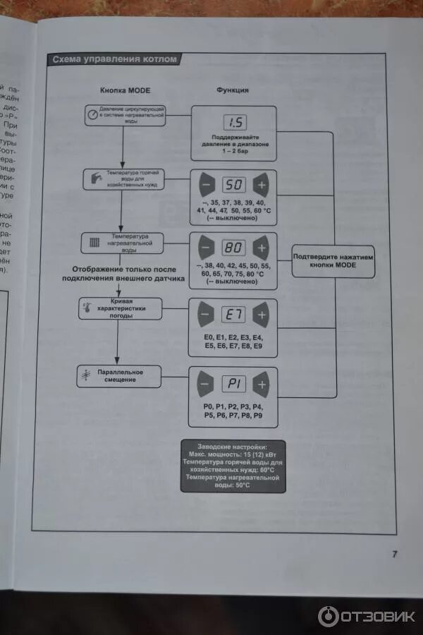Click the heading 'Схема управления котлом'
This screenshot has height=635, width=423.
tap(115, 60)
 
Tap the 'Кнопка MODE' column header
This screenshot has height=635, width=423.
tap(125, 90)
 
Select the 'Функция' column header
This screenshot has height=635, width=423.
tap(232, 90)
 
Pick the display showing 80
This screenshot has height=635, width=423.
tap(233, 248)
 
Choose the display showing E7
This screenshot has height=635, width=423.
tap(233, 314)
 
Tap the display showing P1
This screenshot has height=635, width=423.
tap(233, 385)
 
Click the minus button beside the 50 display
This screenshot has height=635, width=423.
tap(205, 186)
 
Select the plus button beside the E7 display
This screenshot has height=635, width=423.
tap(261, 314)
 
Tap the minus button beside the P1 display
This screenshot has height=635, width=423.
tap(205, 385)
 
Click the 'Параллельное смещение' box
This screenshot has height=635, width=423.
tap(118, 375)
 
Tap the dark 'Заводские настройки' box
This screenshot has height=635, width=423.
tap(233, 466)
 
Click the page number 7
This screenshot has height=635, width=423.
tap(394, 554)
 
